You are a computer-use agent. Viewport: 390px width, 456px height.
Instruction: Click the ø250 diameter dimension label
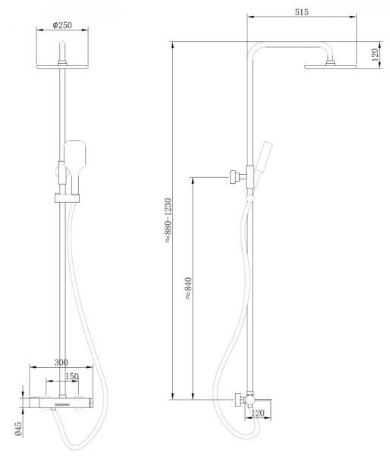point(62,25)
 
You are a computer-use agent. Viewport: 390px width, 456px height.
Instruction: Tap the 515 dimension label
point(302,12)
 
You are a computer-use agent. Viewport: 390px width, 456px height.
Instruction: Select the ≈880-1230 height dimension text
point(168,220)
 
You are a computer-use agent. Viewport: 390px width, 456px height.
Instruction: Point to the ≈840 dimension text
point(188,288)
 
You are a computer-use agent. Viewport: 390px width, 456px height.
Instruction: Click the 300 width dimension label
point(61,363)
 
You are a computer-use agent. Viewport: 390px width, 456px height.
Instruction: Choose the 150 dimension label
point(72,376)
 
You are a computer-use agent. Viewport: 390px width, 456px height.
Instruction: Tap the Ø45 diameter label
point(18,429)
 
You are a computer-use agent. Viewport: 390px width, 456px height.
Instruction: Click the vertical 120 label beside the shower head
point(375,55)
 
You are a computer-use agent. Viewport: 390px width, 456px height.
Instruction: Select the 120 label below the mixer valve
point(257,413)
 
